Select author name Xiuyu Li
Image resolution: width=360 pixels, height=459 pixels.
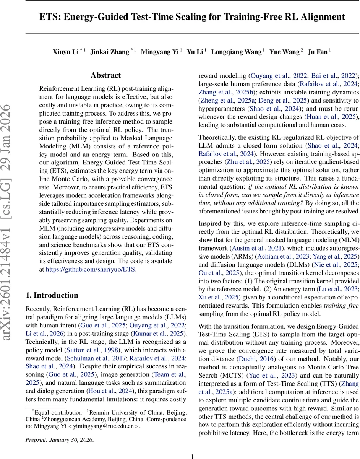coord(65,52)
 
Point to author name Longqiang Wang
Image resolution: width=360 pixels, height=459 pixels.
coord(237,52)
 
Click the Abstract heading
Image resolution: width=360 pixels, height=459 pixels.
coord(105,75)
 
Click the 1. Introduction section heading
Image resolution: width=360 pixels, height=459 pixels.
coord(52,295)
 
